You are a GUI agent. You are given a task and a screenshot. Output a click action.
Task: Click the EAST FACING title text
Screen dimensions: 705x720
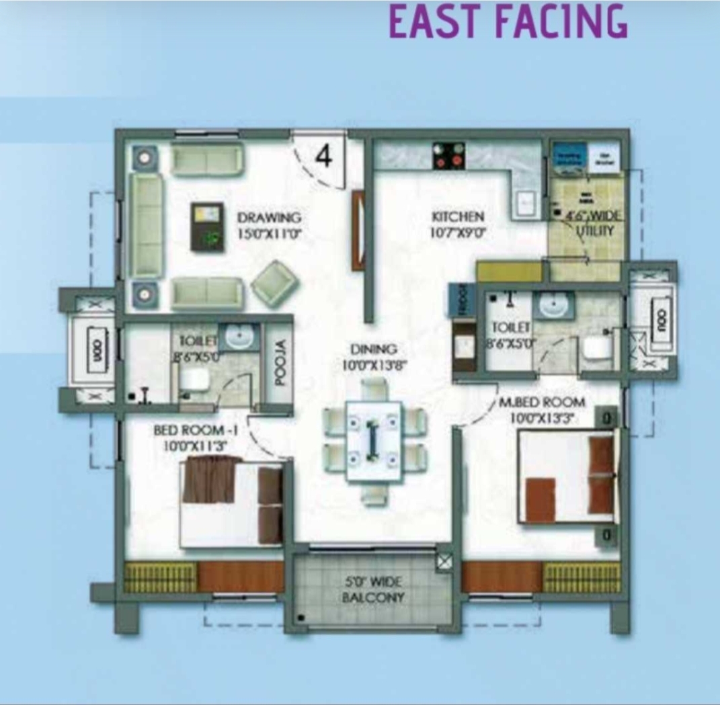508,22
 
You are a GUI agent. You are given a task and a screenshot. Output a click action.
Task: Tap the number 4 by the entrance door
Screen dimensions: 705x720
323,156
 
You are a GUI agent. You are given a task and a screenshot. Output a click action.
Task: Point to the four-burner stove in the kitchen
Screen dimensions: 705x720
448,156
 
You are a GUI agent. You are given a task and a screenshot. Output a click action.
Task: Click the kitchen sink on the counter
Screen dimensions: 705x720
524,200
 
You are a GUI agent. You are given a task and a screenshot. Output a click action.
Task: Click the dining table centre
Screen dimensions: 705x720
374,440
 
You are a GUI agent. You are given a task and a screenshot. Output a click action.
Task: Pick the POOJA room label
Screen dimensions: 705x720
280,362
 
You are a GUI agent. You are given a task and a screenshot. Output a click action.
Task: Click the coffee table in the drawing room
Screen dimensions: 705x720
207,226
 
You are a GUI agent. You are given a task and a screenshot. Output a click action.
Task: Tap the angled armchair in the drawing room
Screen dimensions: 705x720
275,283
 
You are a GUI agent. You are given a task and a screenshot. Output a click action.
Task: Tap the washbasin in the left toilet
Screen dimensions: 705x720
237,336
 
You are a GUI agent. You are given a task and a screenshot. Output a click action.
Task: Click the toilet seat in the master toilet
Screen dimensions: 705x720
597,348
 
